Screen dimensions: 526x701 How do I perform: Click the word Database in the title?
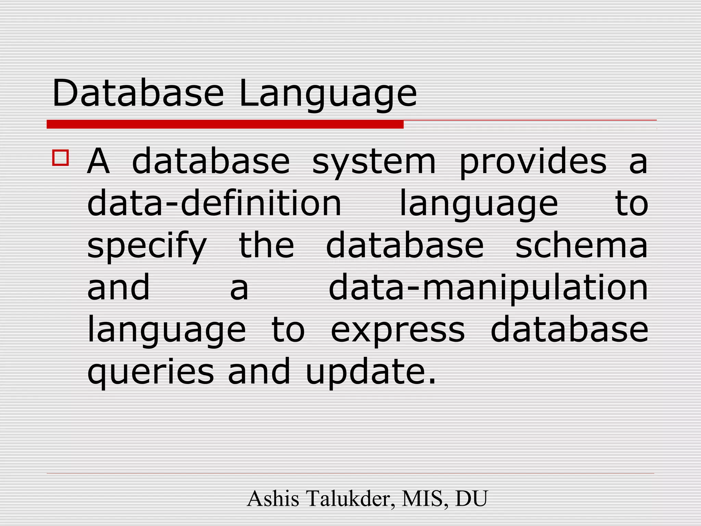(138, 93)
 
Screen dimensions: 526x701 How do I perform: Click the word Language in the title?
(328, 95)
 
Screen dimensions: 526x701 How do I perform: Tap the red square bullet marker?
(61, 158)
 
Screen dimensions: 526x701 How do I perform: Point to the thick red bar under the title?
(225, 124)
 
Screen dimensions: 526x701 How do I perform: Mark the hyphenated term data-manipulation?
(488, 288)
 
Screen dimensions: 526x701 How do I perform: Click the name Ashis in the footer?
(273, 499)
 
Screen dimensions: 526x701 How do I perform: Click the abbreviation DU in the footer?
(471, 499)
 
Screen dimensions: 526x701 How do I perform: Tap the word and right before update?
(259, 371)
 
